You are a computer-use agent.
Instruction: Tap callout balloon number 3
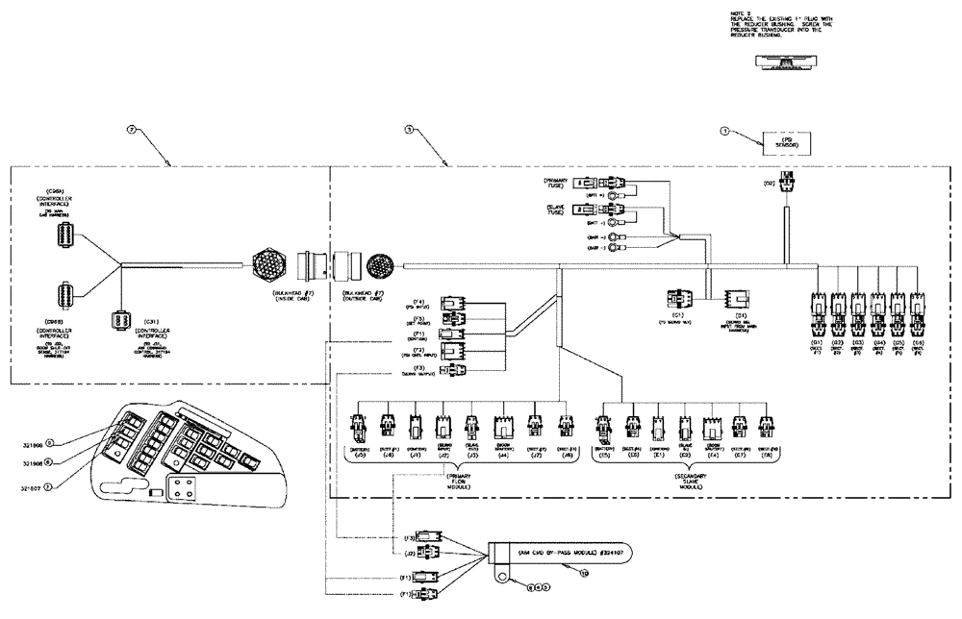click(x=410, y=128)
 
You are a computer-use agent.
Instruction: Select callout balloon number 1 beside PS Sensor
click(x=726, y=128)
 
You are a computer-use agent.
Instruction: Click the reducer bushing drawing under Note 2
click(x=786, y=62)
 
